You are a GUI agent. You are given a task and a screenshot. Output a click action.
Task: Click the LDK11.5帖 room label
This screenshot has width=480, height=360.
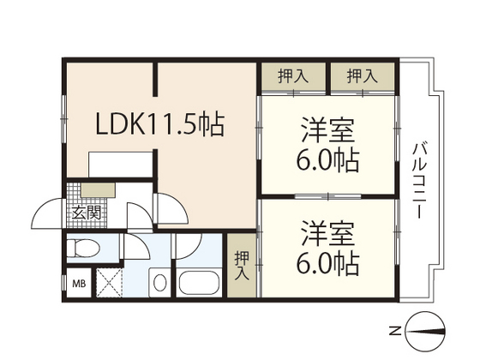pos(160,123)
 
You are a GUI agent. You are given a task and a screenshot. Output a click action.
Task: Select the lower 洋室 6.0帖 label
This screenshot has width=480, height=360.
pos(327,248)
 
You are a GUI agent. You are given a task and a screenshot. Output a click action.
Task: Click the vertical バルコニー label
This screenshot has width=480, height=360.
pos(420,181)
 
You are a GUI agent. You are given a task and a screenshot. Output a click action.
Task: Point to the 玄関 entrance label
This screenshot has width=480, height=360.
pos(87,213)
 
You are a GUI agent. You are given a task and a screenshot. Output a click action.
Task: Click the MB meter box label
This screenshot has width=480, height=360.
pos(79,284)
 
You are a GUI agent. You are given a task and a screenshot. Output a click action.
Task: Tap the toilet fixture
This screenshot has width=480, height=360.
pos(82,248)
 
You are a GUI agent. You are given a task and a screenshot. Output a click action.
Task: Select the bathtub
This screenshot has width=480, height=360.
pos(199,283)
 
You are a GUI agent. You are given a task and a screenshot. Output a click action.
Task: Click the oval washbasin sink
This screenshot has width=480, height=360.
pos(159,283)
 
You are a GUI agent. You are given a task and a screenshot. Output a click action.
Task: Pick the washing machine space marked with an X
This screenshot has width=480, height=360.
pos(110,283)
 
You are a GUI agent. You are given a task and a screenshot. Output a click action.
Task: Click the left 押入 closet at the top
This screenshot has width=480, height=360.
pos(293,76)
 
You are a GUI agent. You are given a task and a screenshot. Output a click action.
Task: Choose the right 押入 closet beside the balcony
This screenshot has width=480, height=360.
pos(363,76)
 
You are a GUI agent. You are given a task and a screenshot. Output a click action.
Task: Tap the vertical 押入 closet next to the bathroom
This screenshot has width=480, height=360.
pos(242,265)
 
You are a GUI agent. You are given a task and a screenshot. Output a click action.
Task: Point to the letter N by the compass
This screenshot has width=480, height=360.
pos(394,331)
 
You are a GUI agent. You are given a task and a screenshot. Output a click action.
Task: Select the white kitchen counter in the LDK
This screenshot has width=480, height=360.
pos(121,164)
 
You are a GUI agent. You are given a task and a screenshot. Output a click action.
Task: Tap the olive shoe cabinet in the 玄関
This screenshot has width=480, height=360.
pos(99,190)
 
